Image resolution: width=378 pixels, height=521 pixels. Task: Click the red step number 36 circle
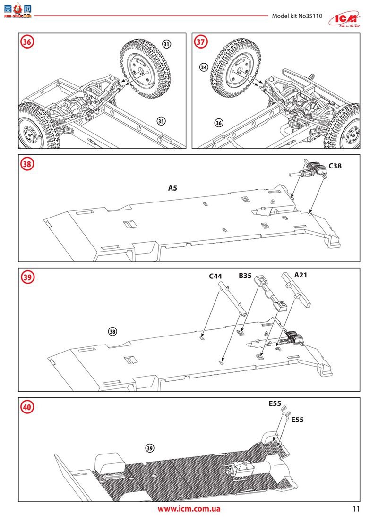point(27,42)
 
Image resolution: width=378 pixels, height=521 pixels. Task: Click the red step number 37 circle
point(201,42)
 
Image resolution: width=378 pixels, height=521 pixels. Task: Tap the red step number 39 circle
point(27,277)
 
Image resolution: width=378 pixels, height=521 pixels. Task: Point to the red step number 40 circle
point(27,406)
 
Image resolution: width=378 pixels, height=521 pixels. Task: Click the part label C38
point(335,166)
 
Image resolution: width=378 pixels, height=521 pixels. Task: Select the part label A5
point(173,188)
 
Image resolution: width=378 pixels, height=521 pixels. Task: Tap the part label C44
point(215,276)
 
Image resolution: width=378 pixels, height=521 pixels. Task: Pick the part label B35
point(245,276)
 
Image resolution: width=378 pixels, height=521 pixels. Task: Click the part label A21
point(301,274)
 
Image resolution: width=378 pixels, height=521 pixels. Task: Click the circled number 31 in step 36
point(166,44)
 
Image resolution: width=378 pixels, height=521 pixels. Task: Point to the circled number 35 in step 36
point(161,121)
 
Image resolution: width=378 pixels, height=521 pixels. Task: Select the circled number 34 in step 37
point(204,67)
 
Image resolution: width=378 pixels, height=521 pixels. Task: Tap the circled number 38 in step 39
point(112,331)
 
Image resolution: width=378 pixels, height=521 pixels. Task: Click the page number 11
point(356,509)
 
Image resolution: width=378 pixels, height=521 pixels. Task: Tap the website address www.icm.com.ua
point(189,509)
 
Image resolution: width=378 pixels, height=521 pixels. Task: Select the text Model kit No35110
point(297,16)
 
